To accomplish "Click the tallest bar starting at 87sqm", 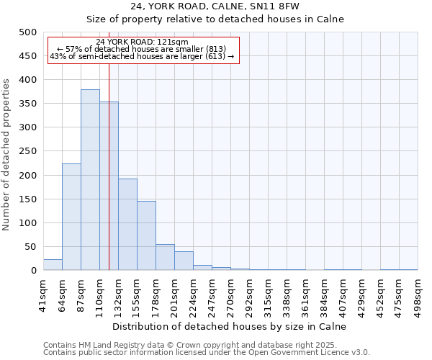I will click(x=90, y=180).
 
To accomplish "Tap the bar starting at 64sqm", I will click(x=71, y=217).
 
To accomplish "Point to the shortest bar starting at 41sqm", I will click(x=53, y=265).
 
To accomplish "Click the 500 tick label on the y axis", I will click(x=28, y=32).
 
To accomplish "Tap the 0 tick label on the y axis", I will click(x=33, y=271).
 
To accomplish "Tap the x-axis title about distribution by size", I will click(x=230, y=326).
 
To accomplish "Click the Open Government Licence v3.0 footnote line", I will click(x=207, y=353).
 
